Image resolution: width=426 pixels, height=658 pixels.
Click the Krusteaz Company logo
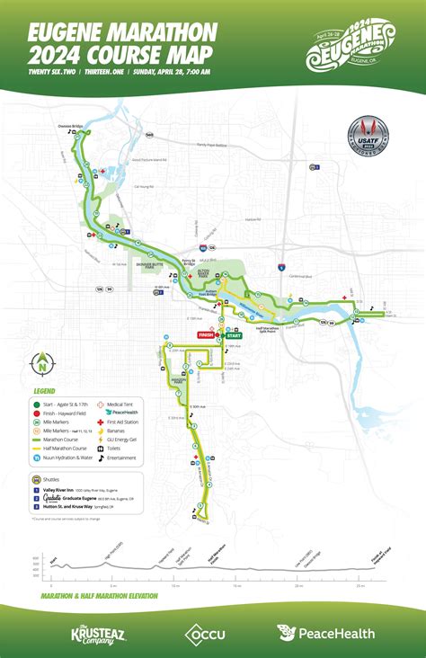(94, 635)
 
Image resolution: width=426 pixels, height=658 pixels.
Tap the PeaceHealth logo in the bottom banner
(325, 635)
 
